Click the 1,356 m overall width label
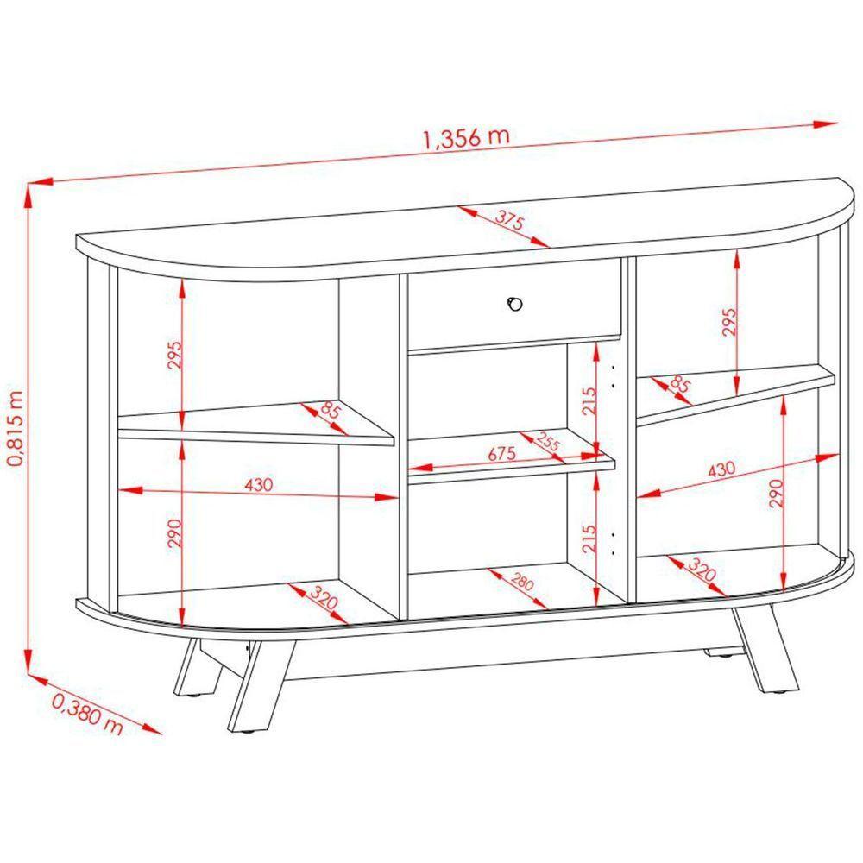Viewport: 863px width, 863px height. pos(466,137)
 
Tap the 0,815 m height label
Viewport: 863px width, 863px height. pos(16,429)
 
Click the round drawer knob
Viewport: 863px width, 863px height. pos(514,303)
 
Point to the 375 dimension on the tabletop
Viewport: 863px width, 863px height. pos(510,220)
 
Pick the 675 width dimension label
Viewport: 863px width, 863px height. pos(502,454)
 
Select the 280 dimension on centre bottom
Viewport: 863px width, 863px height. pos(522,582)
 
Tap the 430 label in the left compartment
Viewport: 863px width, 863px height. pos(258,485)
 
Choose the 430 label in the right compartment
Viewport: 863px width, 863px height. pos(721,469)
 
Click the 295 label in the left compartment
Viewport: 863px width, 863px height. pos(174,355)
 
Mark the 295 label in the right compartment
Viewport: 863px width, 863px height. pos(728,322)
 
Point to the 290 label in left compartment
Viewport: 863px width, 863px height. pos(174,532)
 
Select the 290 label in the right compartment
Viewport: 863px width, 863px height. pos(776,493)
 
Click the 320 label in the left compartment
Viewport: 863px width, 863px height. pos(323,597)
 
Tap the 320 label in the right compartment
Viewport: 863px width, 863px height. pos(702,570)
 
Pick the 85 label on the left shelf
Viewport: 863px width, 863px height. pos(331,411)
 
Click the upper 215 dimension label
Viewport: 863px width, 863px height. pos(589,400)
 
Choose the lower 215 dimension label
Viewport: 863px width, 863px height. pos(588,539)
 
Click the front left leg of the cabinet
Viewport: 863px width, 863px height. pos(261,686)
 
